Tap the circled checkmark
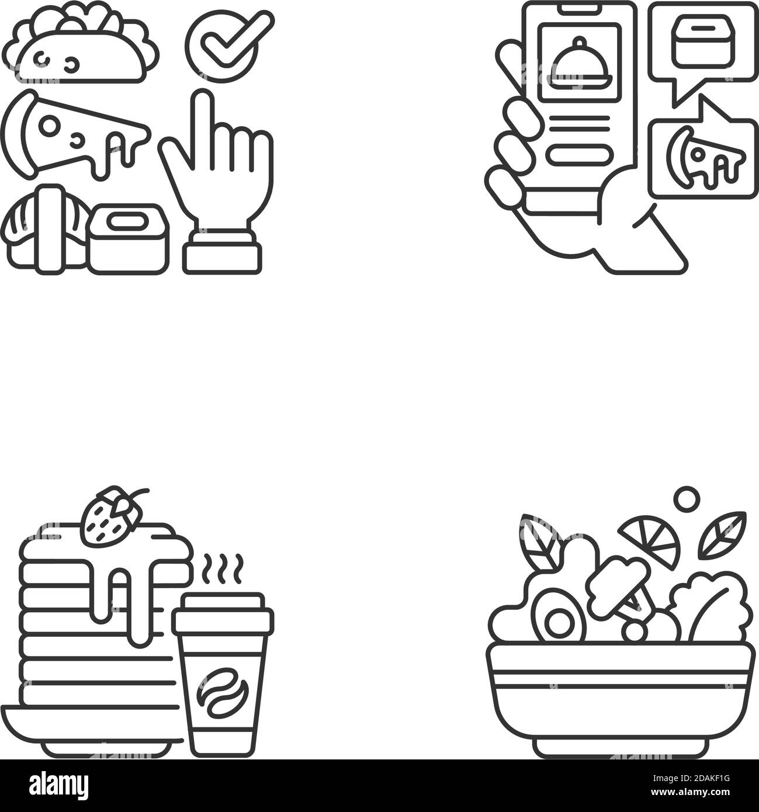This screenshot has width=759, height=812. click(221, 41)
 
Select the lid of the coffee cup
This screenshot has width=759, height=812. click(222, 610)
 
